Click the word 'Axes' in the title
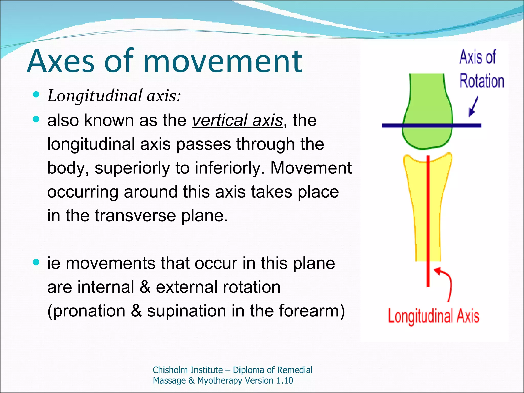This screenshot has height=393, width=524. pos(61,61)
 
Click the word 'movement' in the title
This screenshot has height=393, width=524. pos(223,61)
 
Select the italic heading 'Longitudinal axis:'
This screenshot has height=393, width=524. pos(114,96)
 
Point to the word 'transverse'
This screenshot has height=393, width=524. pos(135,215)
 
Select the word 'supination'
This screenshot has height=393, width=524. pos(187,311)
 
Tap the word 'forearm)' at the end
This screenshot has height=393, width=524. pos(312,311)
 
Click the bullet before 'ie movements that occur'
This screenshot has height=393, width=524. pos(36,262)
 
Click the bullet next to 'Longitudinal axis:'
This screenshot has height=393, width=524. pos(36,95)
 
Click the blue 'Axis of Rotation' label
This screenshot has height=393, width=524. pos(481,69)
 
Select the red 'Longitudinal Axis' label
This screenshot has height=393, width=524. pos(433,316)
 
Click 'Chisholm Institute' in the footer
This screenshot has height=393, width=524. pos(188,370)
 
